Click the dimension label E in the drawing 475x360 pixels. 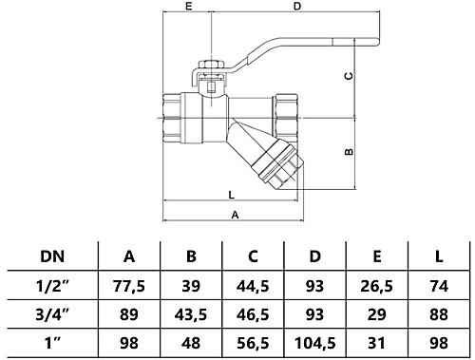point(189,8)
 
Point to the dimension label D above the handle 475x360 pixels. point(296,8)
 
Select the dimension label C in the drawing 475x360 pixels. point(348,76)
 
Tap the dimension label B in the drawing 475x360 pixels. point(348,151)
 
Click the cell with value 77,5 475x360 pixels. point(128,284)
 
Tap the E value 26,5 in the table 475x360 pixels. point(377,284)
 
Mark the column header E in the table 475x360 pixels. point(377,256)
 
